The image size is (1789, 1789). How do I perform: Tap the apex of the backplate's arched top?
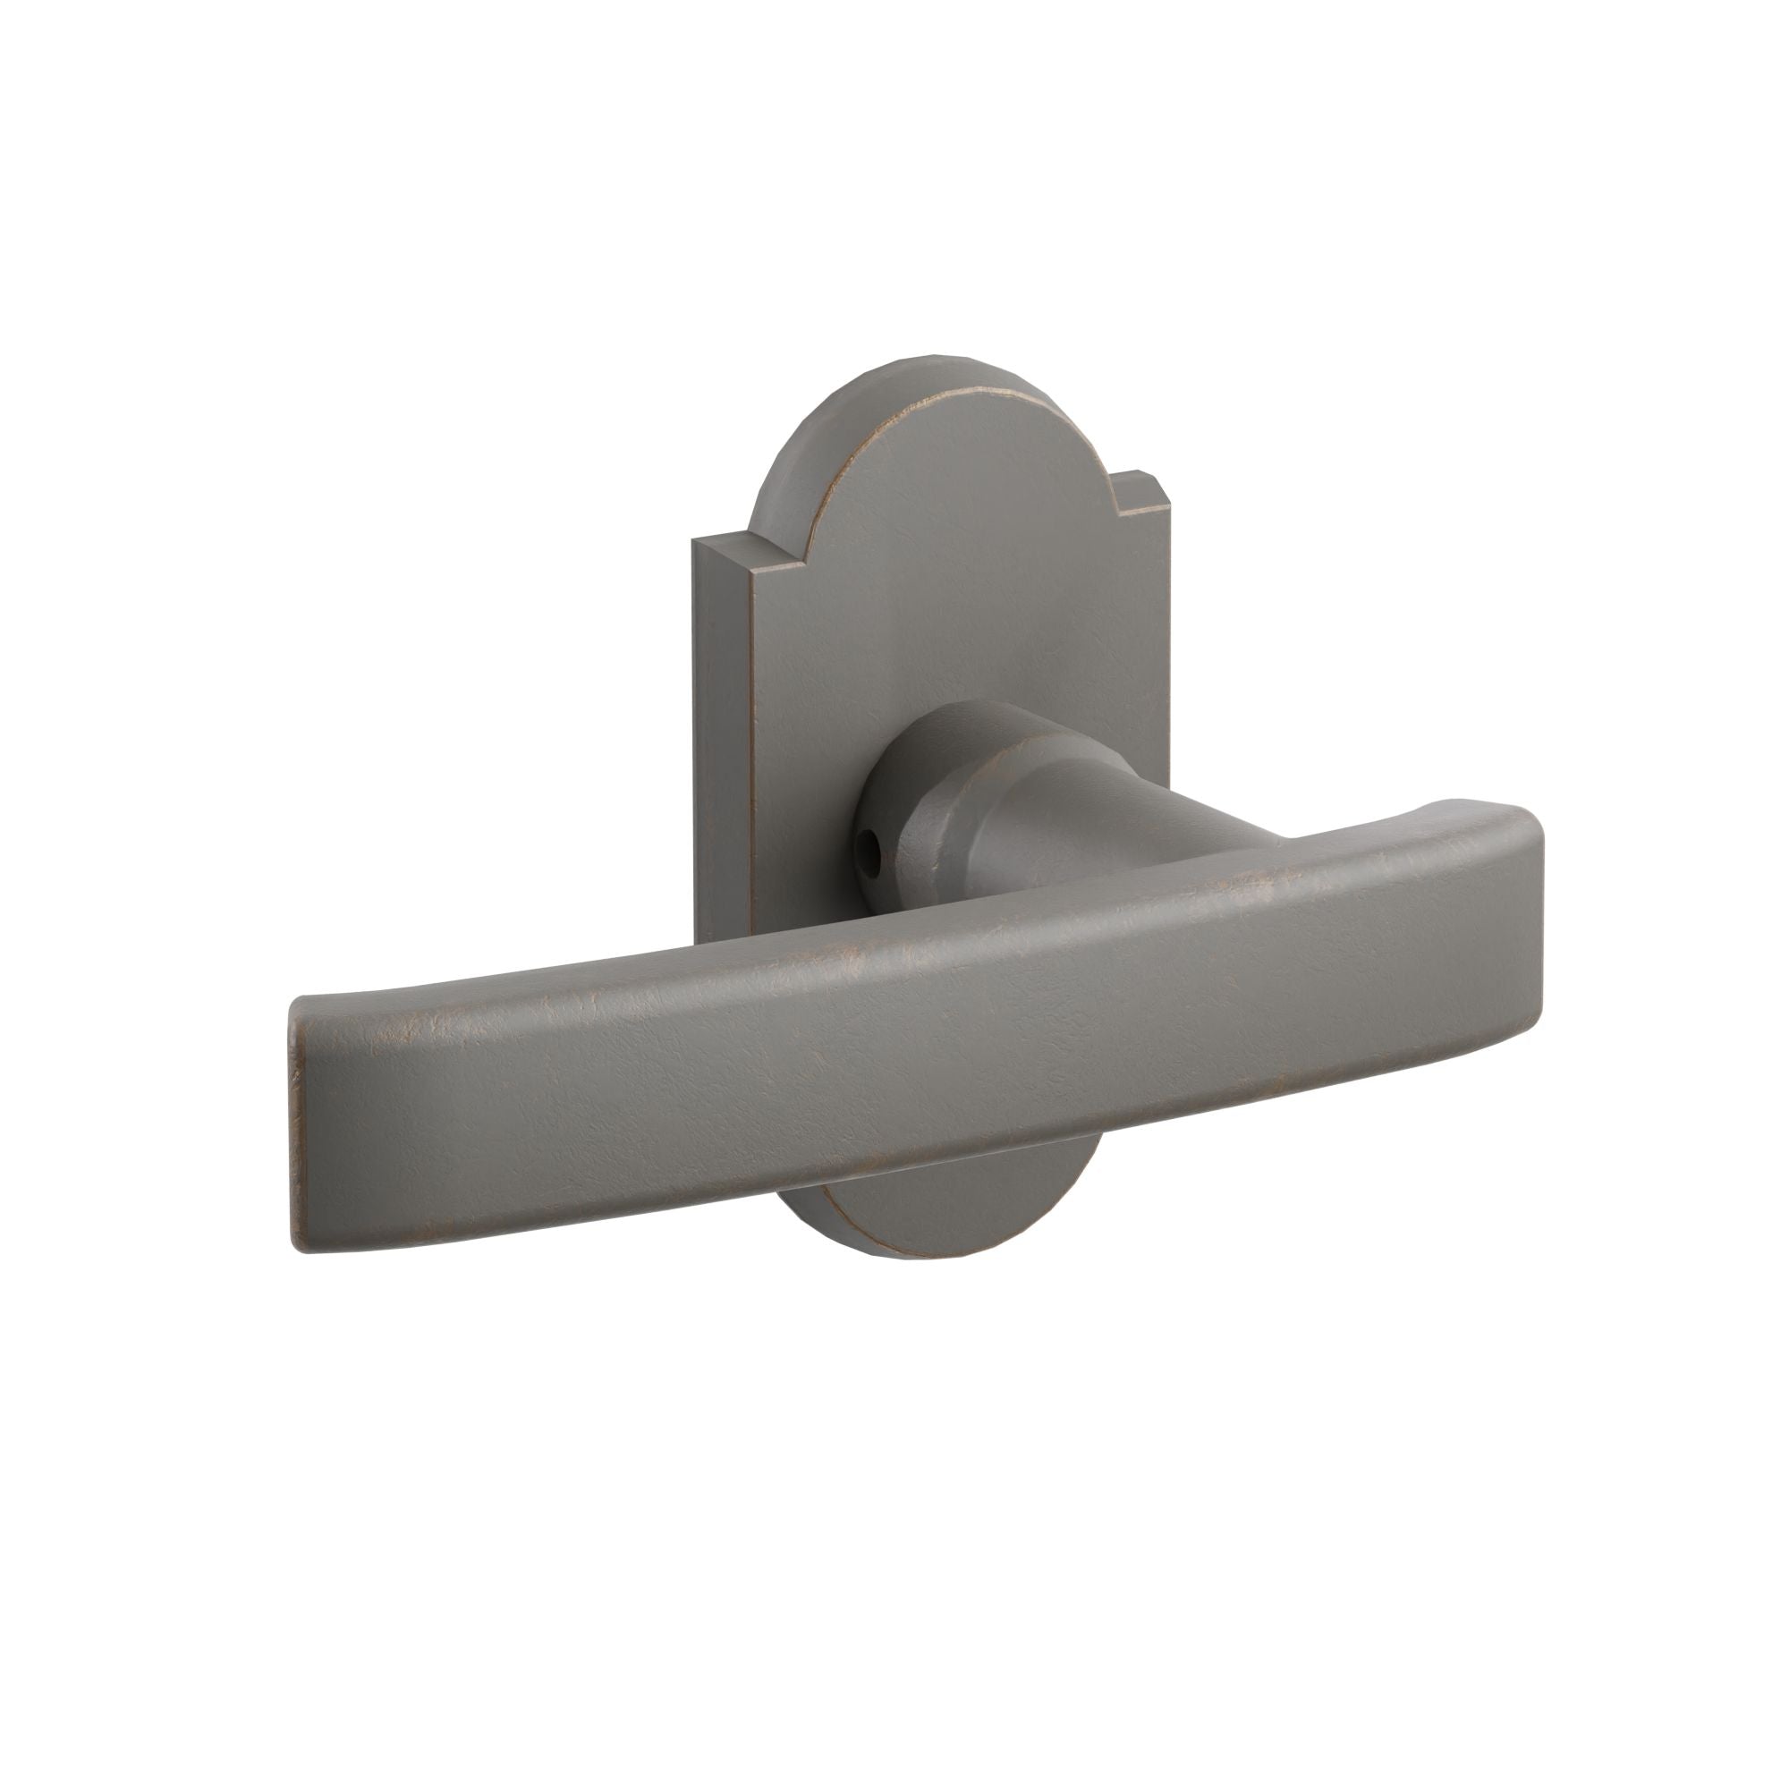(x=936, y=365)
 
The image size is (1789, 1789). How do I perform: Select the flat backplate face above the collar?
(x=936, y=574)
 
